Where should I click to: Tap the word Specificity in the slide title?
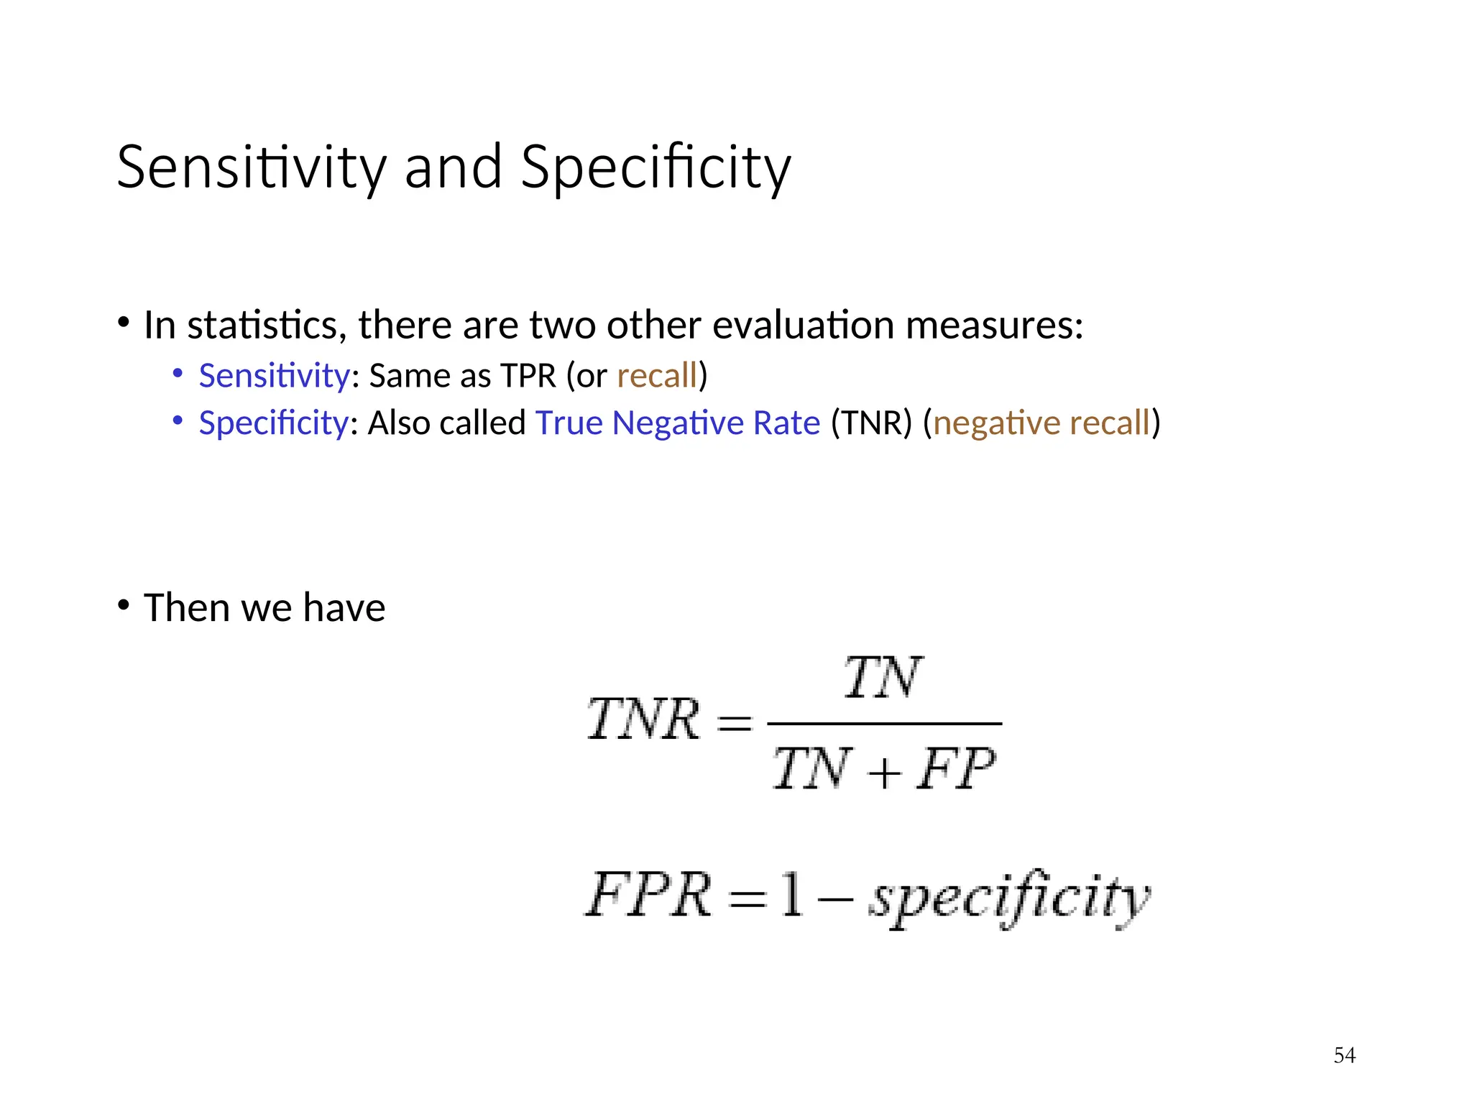655,167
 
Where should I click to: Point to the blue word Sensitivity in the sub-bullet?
274,376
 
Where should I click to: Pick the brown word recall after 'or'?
657,376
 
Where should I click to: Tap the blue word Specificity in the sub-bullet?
274,423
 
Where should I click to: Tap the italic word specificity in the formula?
1009,898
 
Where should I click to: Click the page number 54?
1344,1055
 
